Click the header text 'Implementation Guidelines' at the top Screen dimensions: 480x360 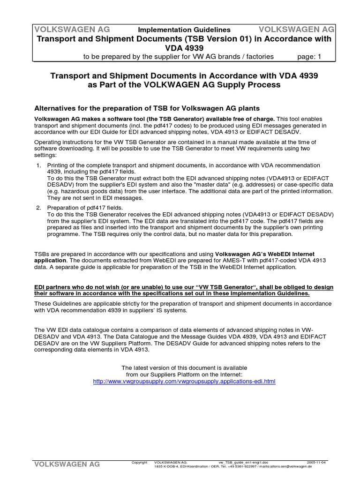184,30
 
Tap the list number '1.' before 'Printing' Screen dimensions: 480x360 39,165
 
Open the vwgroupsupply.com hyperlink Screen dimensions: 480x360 184,382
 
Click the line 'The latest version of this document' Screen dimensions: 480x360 184,367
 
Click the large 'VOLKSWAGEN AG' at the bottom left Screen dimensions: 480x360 66,464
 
